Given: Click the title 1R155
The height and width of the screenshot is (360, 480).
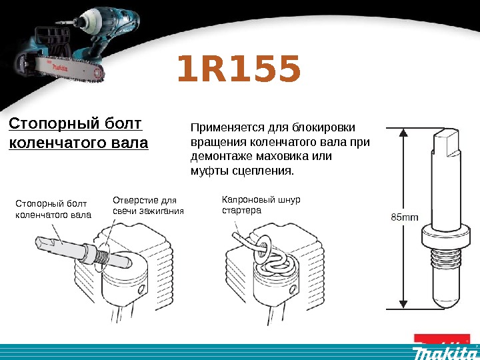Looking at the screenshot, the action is [x=239, y=71].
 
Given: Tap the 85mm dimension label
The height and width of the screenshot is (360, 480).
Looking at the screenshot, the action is [x=404, y=217].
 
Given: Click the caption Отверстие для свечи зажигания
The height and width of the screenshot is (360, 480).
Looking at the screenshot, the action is [x=147, y=205].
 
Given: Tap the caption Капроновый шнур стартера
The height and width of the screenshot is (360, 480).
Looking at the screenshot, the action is [x=261, y=205].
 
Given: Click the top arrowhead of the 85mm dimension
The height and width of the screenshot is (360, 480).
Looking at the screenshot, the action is [x=403, y=132].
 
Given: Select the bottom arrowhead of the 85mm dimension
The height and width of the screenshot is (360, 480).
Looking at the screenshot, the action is [x=403, y=303].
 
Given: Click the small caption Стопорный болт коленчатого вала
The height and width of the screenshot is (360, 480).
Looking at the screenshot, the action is [x=53, y=208].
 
